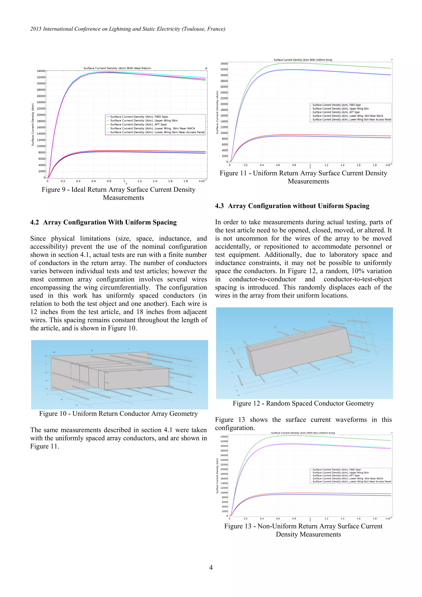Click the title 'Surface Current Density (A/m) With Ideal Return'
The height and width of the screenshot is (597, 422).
tap(117, 68)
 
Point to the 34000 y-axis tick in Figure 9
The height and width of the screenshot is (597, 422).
tap(41, 71)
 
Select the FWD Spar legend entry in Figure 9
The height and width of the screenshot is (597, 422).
tap(139, 117)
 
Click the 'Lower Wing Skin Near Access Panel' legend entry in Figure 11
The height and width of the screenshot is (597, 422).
tap(352, 120)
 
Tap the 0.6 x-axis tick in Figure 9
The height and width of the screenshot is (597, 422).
tap(93, 181)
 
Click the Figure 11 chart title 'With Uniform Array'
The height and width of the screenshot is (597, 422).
tap(303, 60)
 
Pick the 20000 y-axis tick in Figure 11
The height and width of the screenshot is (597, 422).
tap(224, 104)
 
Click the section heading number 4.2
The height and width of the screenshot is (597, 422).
tap(35, 222)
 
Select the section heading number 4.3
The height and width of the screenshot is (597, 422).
tap(219, 206)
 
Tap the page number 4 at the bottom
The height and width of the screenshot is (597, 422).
tap(211, 567)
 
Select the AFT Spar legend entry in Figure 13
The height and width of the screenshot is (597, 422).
tap(336, 476)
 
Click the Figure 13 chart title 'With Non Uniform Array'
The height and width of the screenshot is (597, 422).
tap(303, 433)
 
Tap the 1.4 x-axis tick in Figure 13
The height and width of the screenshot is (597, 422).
tap(342, 518)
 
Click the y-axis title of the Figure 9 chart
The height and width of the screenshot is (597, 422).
tap(33, 124)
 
